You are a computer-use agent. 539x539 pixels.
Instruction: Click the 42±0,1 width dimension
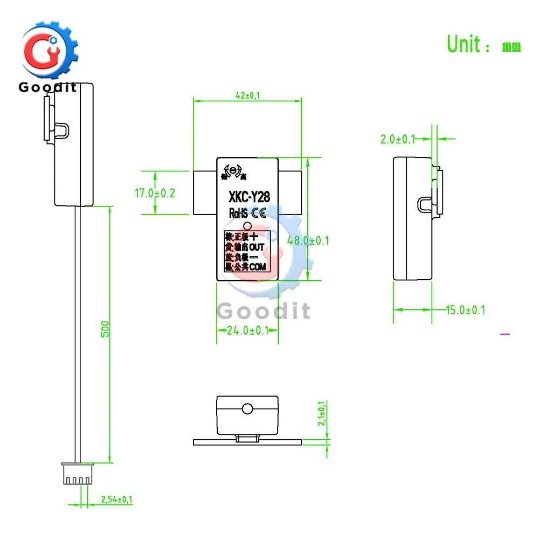tap(246, 95)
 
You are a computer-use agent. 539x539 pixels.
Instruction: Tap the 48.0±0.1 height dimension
tap(308, 241)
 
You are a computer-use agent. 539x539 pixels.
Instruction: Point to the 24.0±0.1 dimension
tap(247, 330)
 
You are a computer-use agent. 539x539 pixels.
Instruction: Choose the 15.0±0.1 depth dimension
tap(465, 310)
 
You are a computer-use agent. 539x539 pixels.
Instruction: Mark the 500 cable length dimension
tap(106, 329)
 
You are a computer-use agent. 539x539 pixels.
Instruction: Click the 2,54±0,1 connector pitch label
tap(116, 500)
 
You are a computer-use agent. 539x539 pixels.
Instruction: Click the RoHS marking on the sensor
tap(239, 213)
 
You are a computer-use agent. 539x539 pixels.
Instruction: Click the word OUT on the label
tap(257, 247)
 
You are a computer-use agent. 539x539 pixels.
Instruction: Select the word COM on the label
tap(257, 267)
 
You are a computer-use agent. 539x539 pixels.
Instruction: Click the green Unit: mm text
tap(484, 44)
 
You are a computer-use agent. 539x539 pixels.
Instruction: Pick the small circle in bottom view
tap(247, 408)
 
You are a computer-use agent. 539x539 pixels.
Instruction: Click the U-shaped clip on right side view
tap(424, 203)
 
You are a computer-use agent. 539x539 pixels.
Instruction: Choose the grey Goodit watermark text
tap(264, 311)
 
